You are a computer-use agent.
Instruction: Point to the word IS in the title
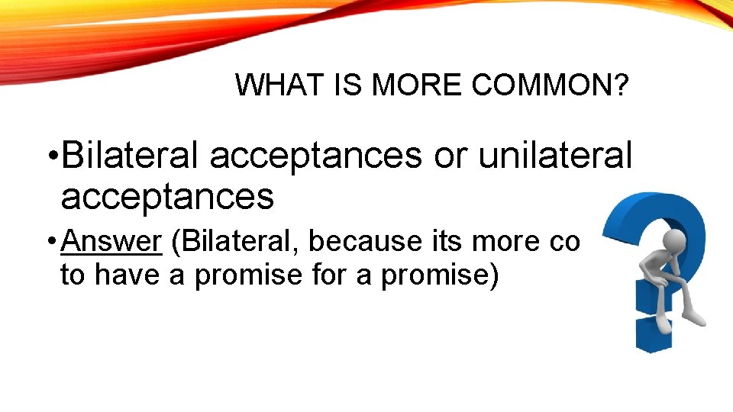coord(345,85)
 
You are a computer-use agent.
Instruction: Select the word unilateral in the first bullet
coord(556,156)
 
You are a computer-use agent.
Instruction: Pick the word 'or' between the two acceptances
coord(450,156)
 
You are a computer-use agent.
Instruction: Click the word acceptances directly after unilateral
coord(166,197)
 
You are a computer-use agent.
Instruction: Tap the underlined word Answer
coord(111,241)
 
